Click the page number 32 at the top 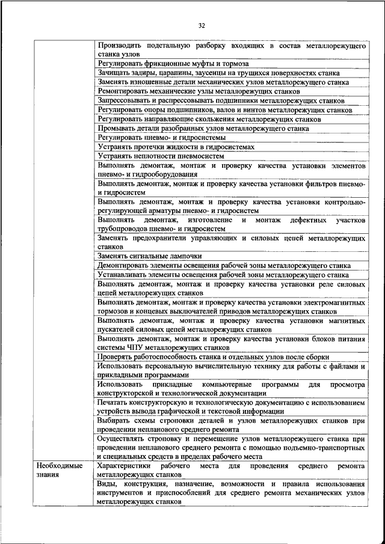tap(202, 25)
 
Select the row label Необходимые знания tap(59, 471)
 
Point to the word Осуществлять tap(121, 439)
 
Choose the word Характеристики tap(126, 466)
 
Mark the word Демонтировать tap(124, 265)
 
